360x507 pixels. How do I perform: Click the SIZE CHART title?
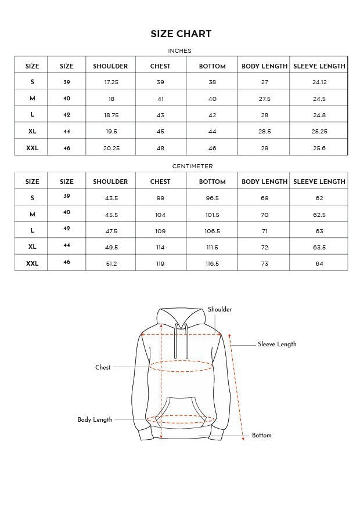coord(181,34)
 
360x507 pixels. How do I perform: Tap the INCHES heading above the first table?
coord(179,51)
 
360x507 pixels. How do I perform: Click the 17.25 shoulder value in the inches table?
coord(111,82)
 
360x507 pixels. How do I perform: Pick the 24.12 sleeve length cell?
coord(319,82)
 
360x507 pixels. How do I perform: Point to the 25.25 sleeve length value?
coord(319,132)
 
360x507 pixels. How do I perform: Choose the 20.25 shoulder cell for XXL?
coord(111,148)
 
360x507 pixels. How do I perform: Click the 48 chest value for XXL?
coord(160,148)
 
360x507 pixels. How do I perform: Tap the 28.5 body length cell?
coord(265,132)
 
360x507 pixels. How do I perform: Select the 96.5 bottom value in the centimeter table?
coord(212,198)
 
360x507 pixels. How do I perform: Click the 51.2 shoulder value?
coord(111,263)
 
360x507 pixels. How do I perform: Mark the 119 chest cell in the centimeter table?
coord(160,263)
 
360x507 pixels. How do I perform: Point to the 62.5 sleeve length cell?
coord(319,215)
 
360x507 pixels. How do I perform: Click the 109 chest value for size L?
coord(160,231)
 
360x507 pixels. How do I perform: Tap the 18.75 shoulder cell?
coord(111,115)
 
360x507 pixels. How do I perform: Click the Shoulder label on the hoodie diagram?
coord(219,310)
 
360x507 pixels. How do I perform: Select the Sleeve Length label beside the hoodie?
coord(277,345)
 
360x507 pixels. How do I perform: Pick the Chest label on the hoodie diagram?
coord(103,367)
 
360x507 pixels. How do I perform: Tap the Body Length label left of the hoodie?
coord(95,419)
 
